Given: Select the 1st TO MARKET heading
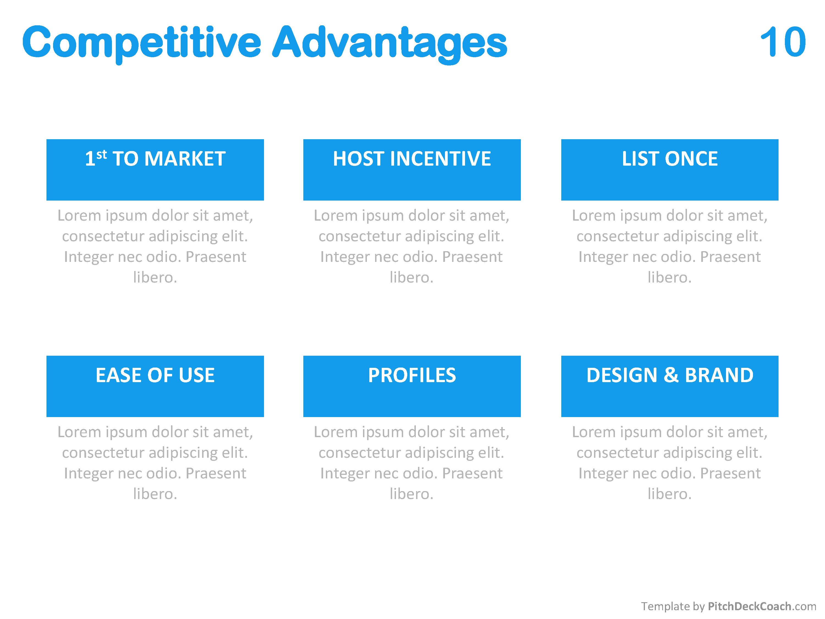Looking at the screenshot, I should pyautogui.click(x=155, y=158).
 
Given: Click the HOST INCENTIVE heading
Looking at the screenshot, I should pyautogui.click(x=412, y=158).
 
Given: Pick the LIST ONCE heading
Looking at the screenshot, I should pyautogui.click(x=669, y=158).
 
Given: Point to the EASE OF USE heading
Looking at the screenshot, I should pyautogui.click(x=155, y=375).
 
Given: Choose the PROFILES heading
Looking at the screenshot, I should pyautogui.click(x=412, y=375).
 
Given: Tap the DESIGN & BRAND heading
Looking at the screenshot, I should pyautogui.click(x=669, y=375).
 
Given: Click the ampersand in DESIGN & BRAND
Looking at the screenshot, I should pyautogui.click(x=671, y=375).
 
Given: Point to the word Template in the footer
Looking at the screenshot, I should pyautogui.click(x=665, y=606).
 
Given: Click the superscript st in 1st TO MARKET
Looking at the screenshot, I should pyautogui.click(x=101, y=154).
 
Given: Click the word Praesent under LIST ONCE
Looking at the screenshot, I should pyautogui.click(x=730, y=257).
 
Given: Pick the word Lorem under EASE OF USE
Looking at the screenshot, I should pyautogui.click(x=79, y=432).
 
